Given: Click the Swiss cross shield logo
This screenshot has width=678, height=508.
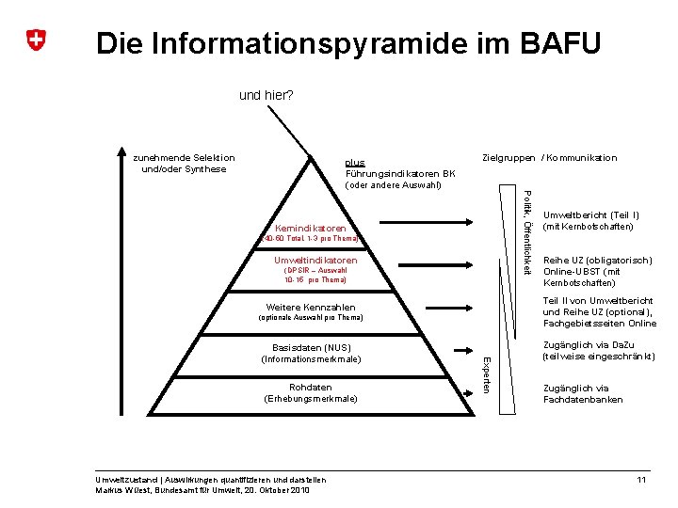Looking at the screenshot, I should point(36,40).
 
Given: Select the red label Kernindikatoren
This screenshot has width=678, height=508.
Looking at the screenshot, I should point(310,229).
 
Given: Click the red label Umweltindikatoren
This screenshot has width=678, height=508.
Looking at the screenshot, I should point(315,260).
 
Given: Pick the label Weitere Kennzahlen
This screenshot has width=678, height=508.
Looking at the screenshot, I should point(311,308).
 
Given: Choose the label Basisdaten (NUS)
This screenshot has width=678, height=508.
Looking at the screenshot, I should point(311,348).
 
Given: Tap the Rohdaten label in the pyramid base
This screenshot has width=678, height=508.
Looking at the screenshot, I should point(311,387).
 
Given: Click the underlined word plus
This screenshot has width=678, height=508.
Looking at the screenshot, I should point(354,162).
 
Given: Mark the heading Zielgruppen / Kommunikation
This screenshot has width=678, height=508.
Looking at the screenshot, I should point(549,158).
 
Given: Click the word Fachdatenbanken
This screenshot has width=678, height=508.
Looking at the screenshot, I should point(583,400).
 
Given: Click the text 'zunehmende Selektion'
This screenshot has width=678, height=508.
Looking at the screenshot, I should point(184,158).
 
